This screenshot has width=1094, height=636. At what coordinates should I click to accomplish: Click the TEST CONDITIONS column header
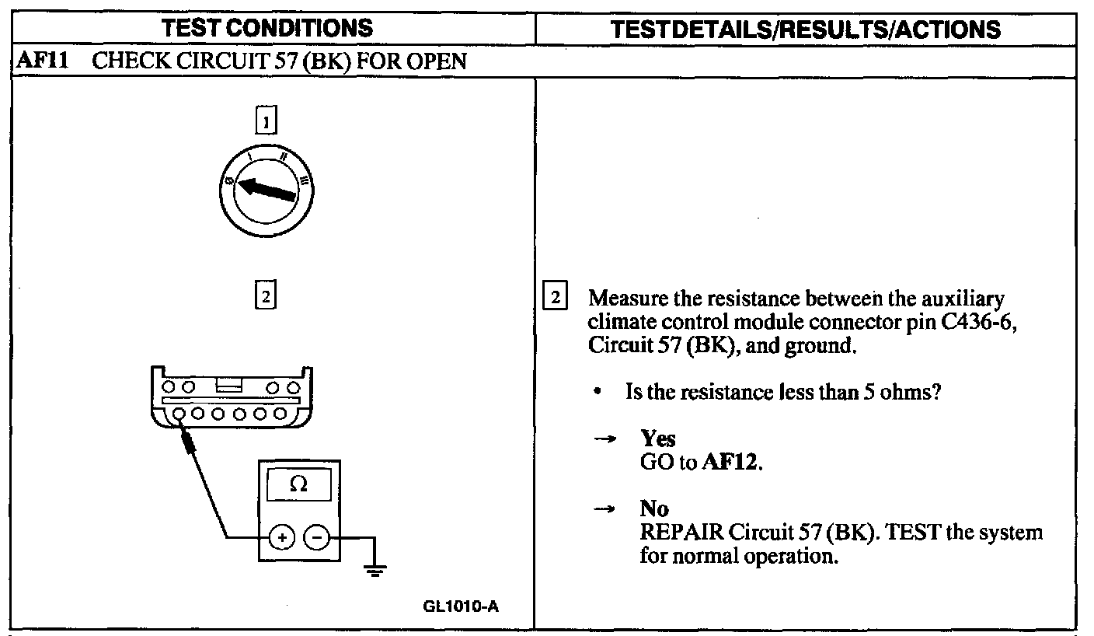(x=268, y=29)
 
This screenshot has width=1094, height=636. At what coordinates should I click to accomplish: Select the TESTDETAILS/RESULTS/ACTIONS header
(x=806, y=29)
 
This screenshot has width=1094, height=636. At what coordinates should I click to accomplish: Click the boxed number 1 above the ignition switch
(x=267, y=121)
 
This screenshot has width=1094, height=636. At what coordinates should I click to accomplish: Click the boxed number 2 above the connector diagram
(x=266, y=296)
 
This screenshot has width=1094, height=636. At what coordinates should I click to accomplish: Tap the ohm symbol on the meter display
(x=298, y=484)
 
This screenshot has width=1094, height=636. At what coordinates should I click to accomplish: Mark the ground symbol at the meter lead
(x=376, y=572)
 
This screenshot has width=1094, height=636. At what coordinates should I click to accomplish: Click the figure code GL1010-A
(x=461, y=606)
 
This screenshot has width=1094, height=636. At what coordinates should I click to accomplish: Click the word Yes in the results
(x=658, y=439)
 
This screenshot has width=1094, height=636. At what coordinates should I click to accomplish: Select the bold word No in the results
(x=654, y=508)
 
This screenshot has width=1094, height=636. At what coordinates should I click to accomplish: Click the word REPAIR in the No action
(x=681, y=533)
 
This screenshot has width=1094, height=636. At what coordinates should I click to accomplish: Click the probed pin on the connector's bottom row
(x=179, y=414)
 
